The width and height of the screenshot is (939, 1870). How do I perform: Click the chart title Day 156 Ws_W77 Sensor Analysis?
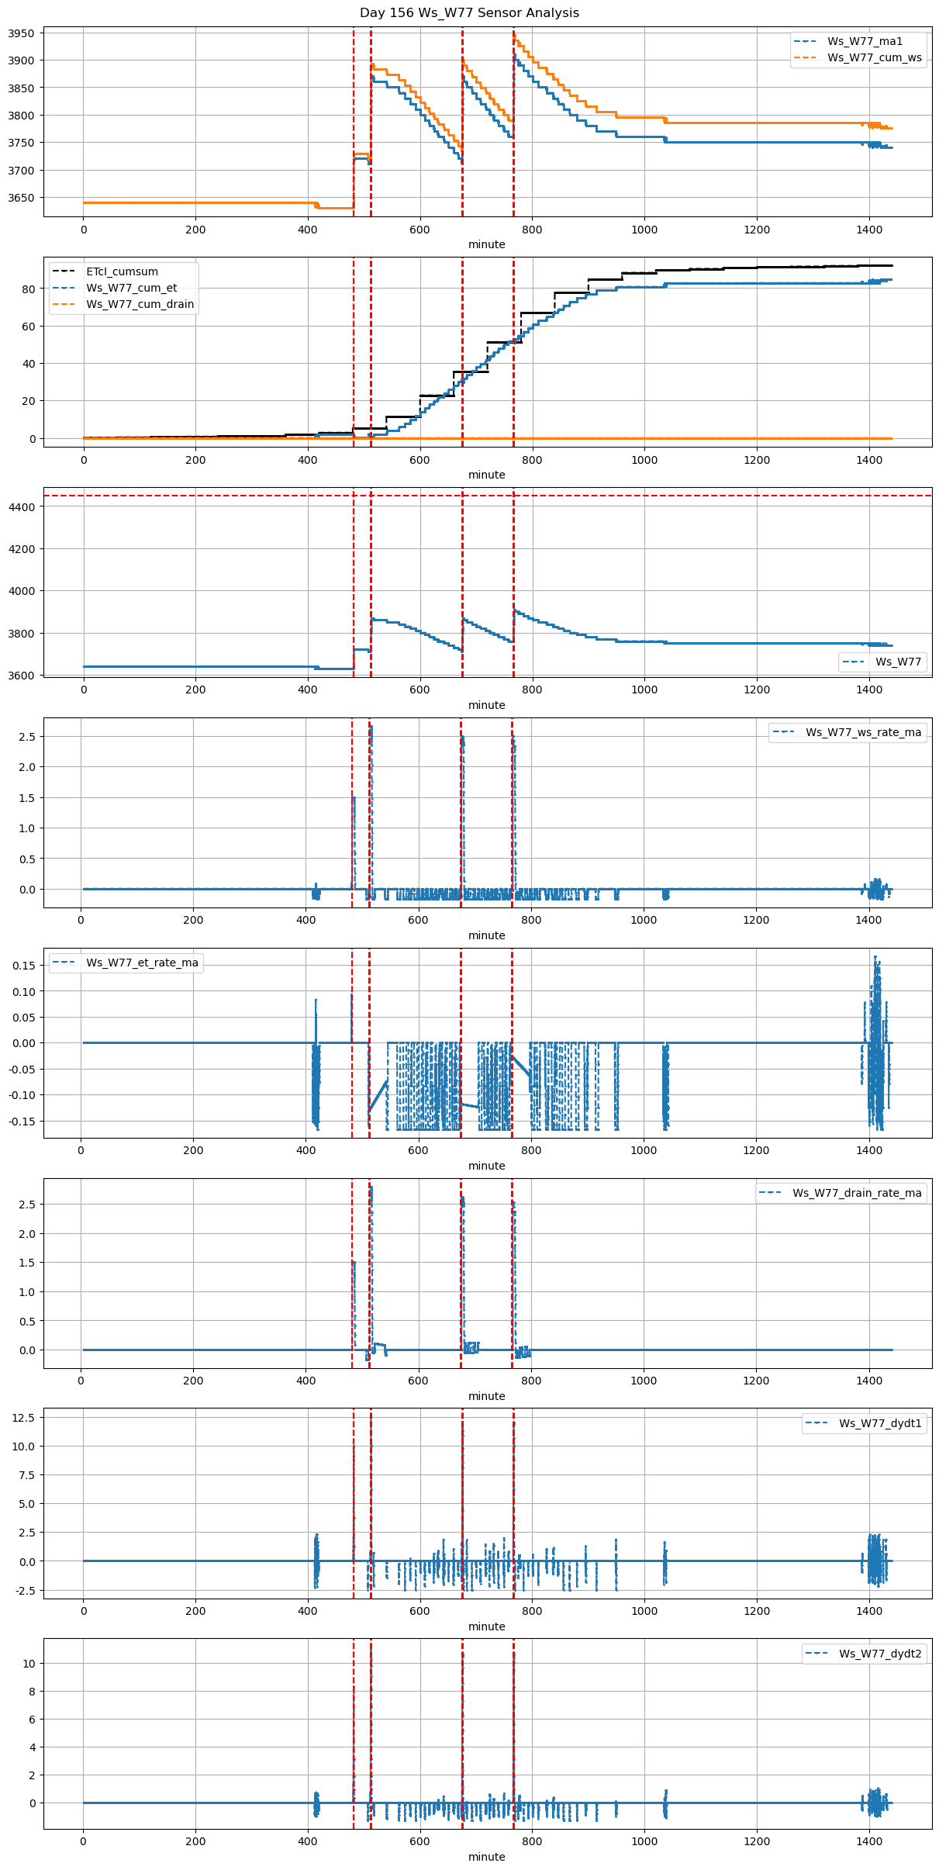(x=469, y=13)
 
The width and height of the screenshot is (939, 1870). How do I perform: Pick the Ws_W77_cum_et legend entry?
(x=131, y=289)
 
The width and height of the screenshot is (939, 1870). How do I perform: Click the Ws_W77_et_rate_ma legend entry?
(x=142, y=963)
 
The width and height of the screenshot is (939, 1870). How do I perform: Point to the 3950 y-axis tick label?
(x=22, y=33)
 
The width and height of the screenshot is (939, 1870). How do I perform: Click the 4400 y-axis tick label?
(x=22, y=507)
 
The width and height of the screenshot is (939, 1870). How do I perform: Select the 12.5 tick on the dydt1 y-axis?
(x=24, y=1418)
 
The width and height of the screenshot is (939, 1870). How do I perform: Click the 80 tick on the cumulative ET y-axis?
(x=29, y=289)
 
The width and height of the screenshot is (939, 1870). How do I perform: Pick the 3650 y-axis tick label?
(x=22, y=198)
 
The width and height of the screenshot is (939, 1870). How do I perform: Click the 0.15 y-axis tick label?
(x=23, y=966)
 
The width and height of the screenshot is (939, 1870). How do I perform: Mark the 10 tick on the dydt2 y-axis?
(x=29, y=1664)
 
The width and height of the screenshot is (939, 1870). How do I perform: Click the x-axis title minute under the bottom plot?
(x=487, y=1857)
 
